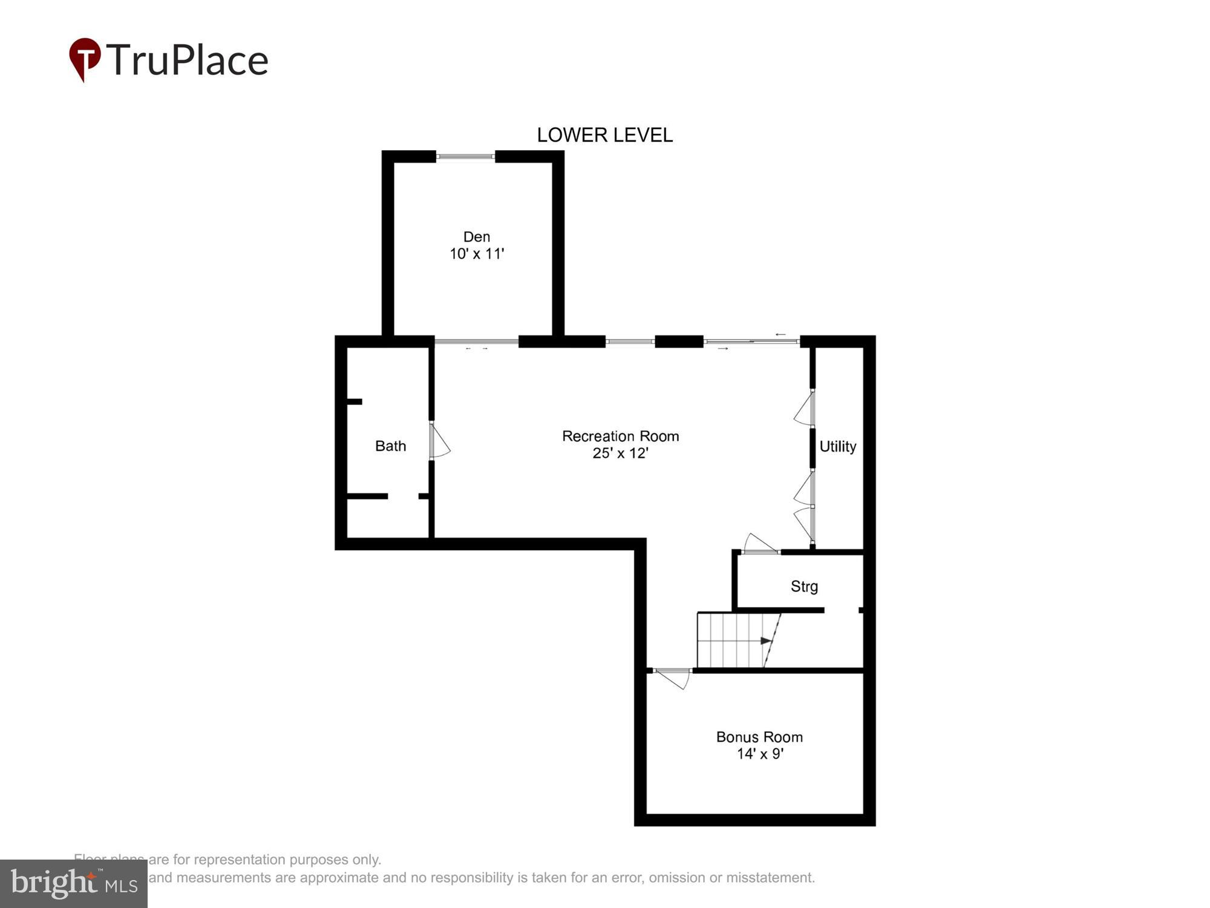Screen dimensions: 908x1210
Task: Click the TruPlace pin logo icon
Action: pyautogui.click(x=85, y=59)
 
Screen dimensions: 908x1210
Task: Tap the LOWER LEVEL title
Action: pyautogui.click(x=604, y=135)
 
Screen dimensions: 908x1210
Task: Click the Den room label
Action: pyautogui.click(x=476, y=237)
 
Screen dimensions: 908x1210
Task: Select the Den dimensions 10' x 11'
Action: pyautogui.click(x=476, y=254)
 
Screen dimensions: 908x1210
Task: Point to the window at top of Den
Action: pyautogui.click(x=465, y=157)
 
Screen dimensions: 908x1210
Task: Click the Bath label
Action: pyautogui.click(x=390, y=446)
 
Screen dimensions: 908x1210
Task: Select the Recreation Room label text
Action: pyautogui.click(x=620, y=436)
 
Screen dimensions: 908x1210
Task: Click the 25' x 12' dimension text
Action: pyautogui.click(x=620, y=453)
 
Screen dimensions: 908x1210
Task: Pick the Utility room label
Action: pyautogui.click(x=837, y=447)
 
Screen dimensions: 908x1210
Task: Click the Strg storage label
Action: pyautogui.click(x=804, y=586)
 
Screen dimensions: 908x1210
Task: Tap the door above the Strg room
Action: pyautogui.click(x=760, y=545)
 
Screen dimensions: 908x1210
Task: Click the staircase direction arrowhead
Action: pyautogui.click(x=767, y=641)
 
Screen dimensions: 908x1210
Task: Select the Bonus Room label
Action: pyautogui.click(x=759, y=737)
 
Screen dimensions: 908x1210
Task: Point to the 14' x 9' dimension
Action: pyautogui.click(x=760, y=754)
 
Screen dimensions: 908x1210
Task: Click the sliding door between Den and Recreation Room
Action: pyautogui.click(x=476, y=342)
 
